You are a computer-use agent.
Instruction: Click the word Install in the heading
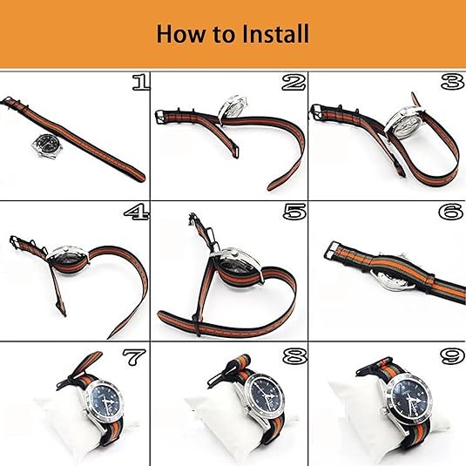[275, 33]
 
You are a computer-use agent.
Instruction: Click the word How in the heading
[180, 33]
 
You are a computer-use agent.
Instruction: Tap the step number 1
[140, 83]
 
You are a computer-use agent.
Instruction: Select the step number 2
[294, 82]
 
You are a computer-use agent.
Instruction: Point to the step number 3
[452, 81]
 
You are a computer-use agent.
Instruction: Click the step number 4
[137, 212]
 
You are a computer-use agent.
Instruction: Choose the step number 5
[294, 212]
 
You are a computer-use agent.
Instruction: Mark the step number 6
[450, 212]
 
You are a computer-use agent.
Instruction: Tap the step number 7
[134, 357]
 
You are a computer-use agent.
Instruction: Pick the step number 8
[294, 356]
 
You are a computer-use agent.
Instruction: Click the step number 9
[452, 356]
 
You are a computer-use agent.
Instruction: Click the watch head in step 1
[47, 145]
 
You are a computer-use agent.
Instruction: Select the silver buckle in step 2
[160, 117]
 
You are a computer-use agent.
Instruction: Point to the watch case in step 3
[407, 123]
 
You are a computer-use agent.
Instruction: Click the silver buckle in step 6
[331, 250]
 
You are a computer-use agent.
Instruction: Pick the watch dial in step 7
[106, 402]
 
